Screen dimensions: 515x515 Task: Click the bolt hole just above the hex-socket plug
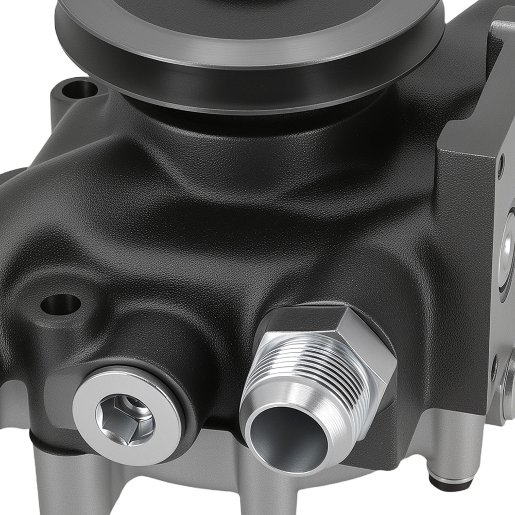(61, 304)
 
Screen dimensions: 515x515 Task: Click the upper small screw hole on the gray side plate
(501, 164)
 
